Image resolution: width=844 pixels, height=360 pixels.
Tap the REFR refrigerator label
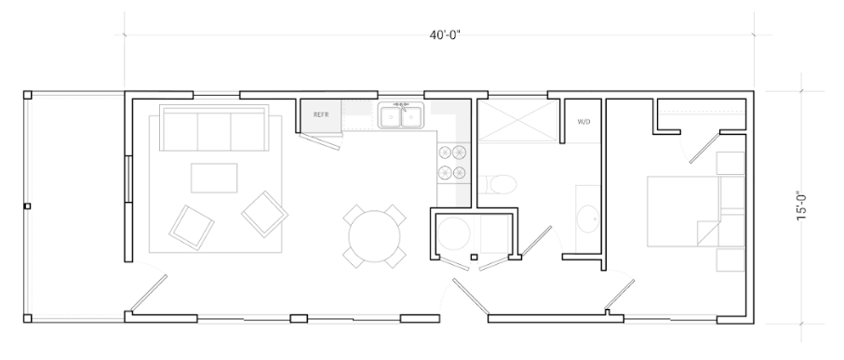click(321, 115)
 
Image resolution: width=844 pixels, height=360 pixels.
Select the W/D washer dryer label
click(584, 122)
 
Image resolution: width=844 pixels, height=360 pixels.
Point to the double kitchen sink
click(401, 117)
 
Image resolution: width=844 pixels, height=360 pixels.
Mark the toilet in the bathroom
click(502, 182)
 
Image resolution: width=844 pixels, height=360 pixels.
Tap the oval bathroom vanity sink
click(587, 219)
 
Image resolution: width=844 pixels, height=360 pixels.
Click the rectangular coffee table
click(214, 177)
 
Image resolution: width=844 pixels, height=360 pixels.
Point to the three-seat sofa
click(215, 129)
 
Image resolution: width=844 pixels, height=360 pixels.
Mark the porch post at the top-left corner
click(28, 95)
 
